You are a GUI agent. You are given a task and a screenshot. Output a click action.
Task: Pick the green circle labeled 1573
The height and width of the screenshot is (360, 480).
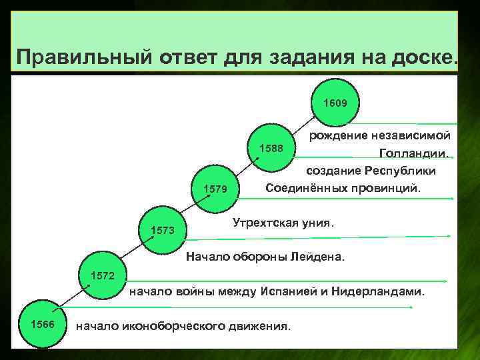point(163,231)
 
